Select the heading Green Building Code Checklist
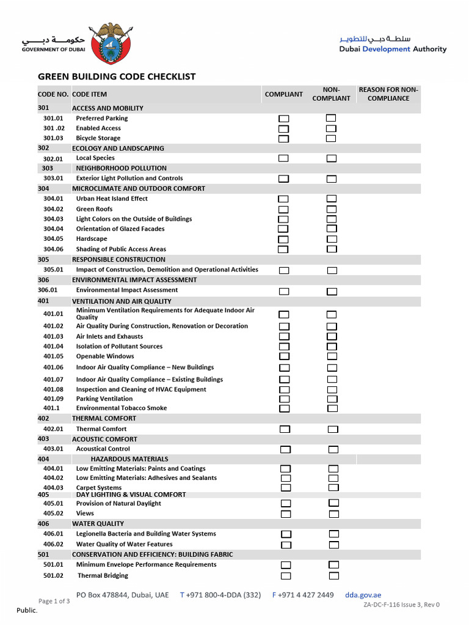pyautogui.click(x=117, y=76)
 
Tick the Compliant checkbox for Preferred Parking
pyautogui.click(x=284, y=119)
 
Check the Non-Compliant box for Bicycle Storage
pyautogui.click(x=331, y=138)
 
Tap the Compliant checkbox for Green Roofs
pyautogui.click(x=284, y=209)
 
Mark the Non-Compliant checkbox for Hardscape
pyautogui.click(x=331, y=239)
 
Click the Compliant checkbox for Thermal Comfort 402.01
pyautogui.click(x=285, y=429)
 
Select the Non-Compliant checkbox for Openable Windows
pyautogui.click(x=332, y=356)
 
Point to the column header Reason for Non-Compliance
pyautogui.click(x=388, y=94)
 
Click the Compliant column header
pyautogui.click(x=283, y=94)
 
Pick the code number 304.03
pyautogui.click(x=53, y=219)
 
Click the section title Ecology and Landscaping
pyautogui.click(x=118, y=148)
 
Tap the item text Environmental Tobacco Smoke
pyautogui.click(x=121, y=408)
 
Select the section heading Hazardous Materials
pyautogui.click(x=129, y=458)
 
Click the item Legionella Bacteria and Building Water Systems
pyautogui.click(x=146, y=534)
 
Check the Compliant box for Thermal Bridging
pyautogui.click(x=286, y=576)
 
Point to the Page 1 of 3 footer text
pyautogui.click(x=54, y=601)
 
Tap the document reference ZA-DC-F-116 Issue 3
pyautogui.click(x=401, y=605)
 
